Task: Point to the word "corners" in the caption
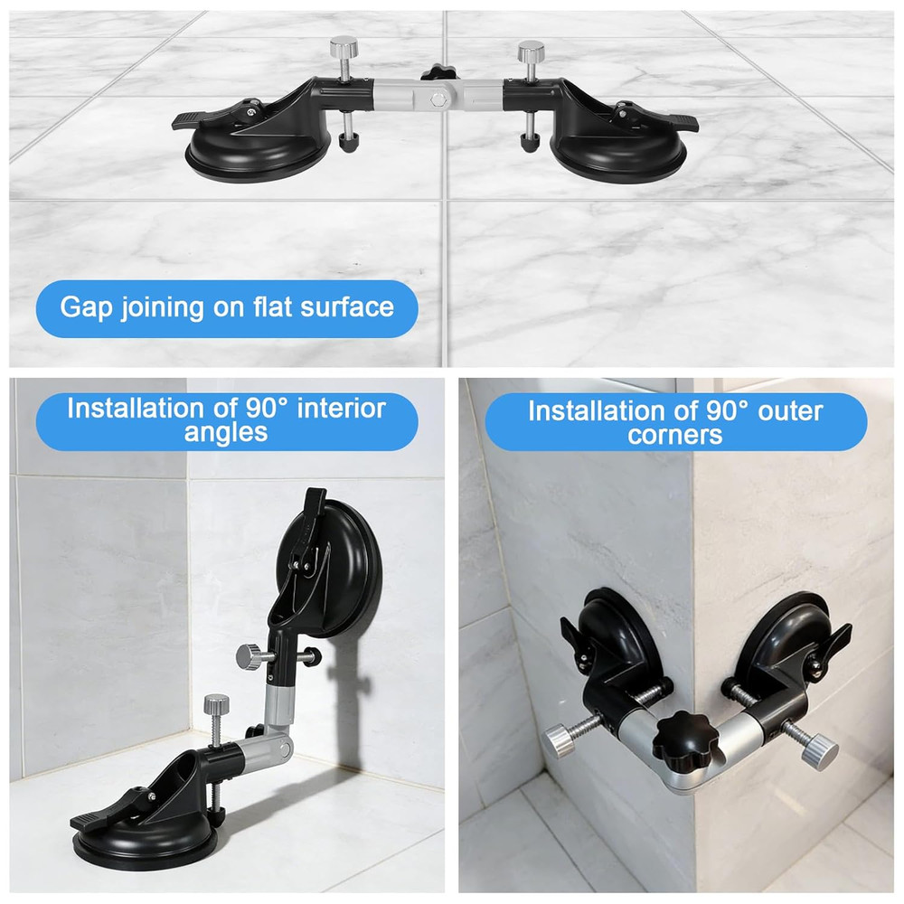click(677, 435)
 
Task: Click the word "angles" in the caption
click(226, 432)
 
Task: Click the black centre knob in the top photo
click(439, 72)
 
